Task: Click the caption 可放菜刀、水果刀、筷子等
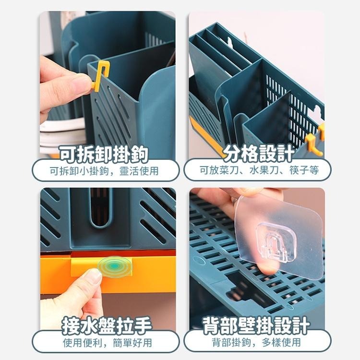click(258, 170)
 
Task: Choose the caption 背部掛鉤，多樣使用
click(256, 343)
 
